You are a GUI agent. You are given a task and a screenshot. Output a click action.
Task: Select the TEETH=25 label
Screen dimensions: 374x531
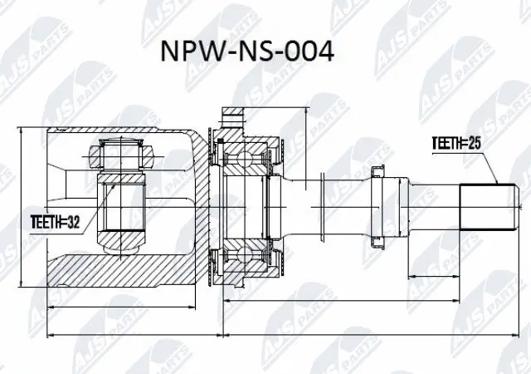click(457, 143)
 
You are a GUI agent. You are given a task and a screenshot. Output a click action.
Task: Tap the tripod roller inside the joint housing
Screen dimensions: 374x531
click(122, 155)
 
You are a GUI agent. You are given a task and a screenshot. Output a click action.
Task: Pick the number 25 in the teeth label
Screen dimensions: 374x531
click(475, 143)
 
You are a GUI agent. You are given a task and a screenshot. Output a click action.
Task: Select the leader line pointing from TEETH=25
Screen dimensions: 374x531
click(490, 166)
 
